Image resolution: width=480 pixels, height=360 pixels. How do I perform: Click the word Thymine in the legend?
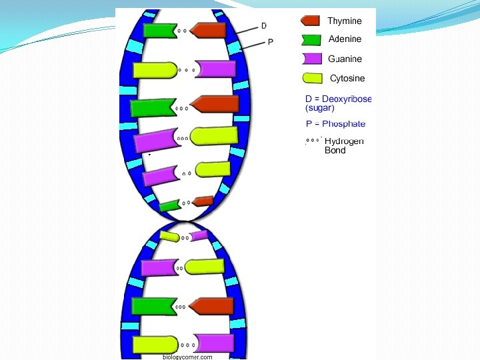pyautogui.click(x=344, y=21)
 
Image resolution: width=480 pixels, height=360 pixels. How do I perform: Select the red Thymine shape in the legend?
pyautogui.click(x=310, y=21)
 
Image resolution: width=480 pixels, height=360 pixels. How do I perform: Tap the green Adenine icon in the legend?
pyautogui.click(x=311, y=40)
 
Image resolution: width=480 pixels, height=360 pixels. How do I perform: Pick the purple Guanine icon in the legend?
pyautogui.click(x=311, y=59)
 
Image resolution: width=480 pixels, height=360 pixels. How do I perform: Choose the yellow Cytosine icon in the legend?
pyautogui.click(x=311, y=78)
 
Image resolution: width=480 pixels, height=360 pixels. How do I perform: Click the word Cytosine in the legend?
pyautogui.click(x=347, y=79)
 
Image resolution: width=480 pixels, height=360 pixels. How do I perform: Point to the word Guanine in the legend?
pyautogui.click(x=345, y=59)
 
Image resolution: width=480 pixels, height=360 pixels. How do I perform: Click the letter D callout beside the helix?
pyautogui.click(x=263, y=26)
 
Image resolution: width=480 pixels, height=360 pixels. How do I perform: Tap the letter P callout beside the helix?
pyautogui.click(x=270, y=43)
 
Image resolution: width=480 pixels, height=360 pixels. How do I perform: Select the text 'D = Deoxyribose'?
pyautogui.click(x=338, y=99)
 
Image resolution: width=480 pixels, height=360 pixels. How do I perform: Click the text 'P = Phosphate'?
pyautogui.click(x=335, y=124)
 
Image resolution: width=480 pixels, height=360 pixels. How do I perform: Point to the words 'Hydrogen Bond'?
pyautogui.click(x=343, y=146)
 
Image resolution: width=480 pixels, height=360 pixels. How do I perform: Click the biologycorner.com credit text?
pyautogui.click(x=187, y=357)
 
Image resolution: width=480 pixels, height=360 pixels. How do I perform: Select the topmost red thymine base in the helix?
pyautogui.click(x=209, y=31)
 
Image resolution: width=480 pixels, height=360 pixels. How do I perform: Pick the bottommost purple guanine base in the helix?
pyautogui.click(x=215, y=343)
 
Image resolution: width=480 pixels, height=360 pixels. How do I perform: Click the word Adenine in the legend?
pyautogui.click(x=345, y=40)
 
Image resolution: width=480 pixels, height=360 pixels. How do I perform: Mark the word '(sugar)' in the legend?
pyautogui.click(x=319, y=107)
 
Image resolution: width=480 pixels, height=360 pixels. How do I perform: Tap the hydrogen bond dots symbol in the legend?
pyautogui.click(x=313, y=141)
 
